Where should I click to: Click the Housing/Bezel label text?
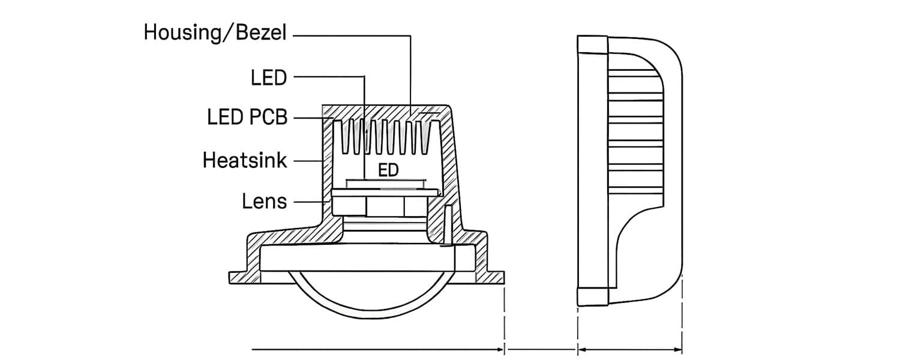215,32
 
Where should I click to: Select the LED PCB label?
247,118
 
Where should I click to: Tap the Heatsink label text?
245,160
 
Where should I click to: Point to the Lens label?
265,202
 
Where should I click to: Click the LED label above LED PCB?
269,77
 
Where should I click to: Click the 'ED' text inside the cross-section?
388,170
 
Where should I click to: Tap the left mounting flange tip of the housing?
234,277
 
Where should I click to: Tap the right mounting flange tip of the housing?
498,277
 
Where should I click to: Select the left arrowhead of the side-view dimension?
581,349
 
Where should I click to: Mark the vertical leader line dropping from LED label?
364,126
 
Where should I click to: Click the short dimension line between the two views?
540,349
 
